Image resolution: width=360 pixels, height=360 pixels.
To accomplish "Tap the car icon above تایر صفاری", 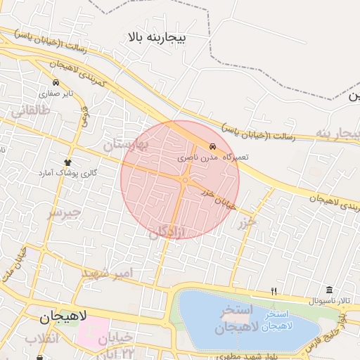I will coord(56,83).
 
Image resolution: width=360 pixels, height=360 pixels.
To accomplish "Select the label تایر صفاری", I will coord(56,93).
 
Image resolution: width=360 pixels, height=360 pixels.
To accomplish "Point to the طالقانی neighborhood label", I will coord(29,110).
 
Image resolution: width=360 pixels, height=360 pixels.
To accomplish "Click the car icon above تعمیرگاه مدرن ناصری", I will coord(212,146).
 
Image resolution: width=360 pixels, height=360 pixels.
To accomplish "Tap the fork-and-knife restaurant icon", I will coord(275,290).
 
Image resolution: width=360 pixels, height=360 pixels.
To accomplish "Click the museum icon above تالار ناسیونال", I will coord(330,290).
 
